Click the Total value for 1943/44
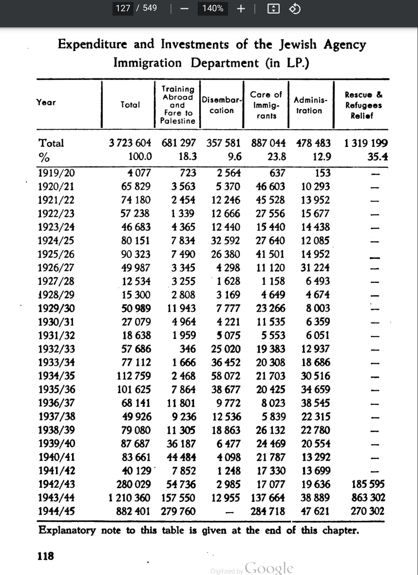click(129, 498)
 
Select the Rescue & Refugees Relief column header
click(363, 105)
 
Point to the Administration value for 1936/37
click(315, 403)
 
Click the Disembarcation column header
click(222, 105)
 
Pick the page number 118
click(46, 555)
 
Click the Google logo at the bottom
click(269, 568)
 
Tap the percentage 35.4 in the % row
click(377, 157)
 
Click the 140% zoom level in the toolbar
click(213, 8)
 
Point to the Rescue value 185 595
click(367, 484)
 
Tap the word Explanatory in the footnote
click(67, 530)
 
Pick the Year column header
click(46, 102)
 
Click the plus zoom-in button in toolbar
click(240, 8)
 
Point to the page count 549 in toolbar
click(150, 8)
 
